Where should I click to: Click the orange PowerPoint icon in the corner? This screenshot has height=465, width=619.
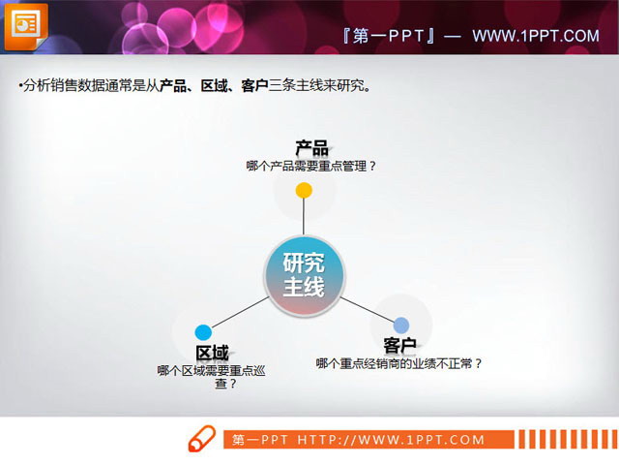pyautogui.click(x=26, y=26)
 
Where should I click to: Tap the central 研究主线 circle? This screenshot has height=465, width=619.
pyautogui.click(x=304, y=275)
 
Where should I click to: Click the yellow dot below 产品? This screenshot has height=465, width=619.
pyautogui.click(x=304, y=190)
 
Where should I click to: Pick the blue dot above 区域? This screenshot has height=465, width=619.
pyautogui.click(x=203, y=332)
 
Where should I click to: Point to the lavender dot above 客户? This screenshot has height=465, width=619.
pyautogui.click(x=401, y=325)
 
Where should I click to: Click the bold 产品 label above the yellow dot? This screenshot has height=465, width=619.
pyautogui.click(x=311, y=148)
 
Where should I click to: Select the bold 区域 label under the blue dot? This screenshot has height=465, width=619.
pyautogui.click(x=212, y=353)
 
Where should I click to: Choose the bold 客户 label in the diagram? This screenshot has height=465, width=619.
pyautogui.click(x=399, y=345)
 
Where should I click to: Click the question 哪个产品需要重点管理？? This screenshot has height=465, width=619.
pyautogui.click(x=311, y=166)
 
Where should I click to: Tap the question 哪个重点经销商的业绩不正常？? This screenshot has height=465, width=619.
pyautogui.click(x=399, y=363)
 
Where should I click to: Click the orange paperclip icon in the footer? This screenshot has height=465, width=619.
pyautogui.click(x=201, y=439)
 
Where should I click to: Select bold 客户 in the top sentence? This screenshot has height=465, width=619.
pyautogui.click(x=254, y=86)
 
